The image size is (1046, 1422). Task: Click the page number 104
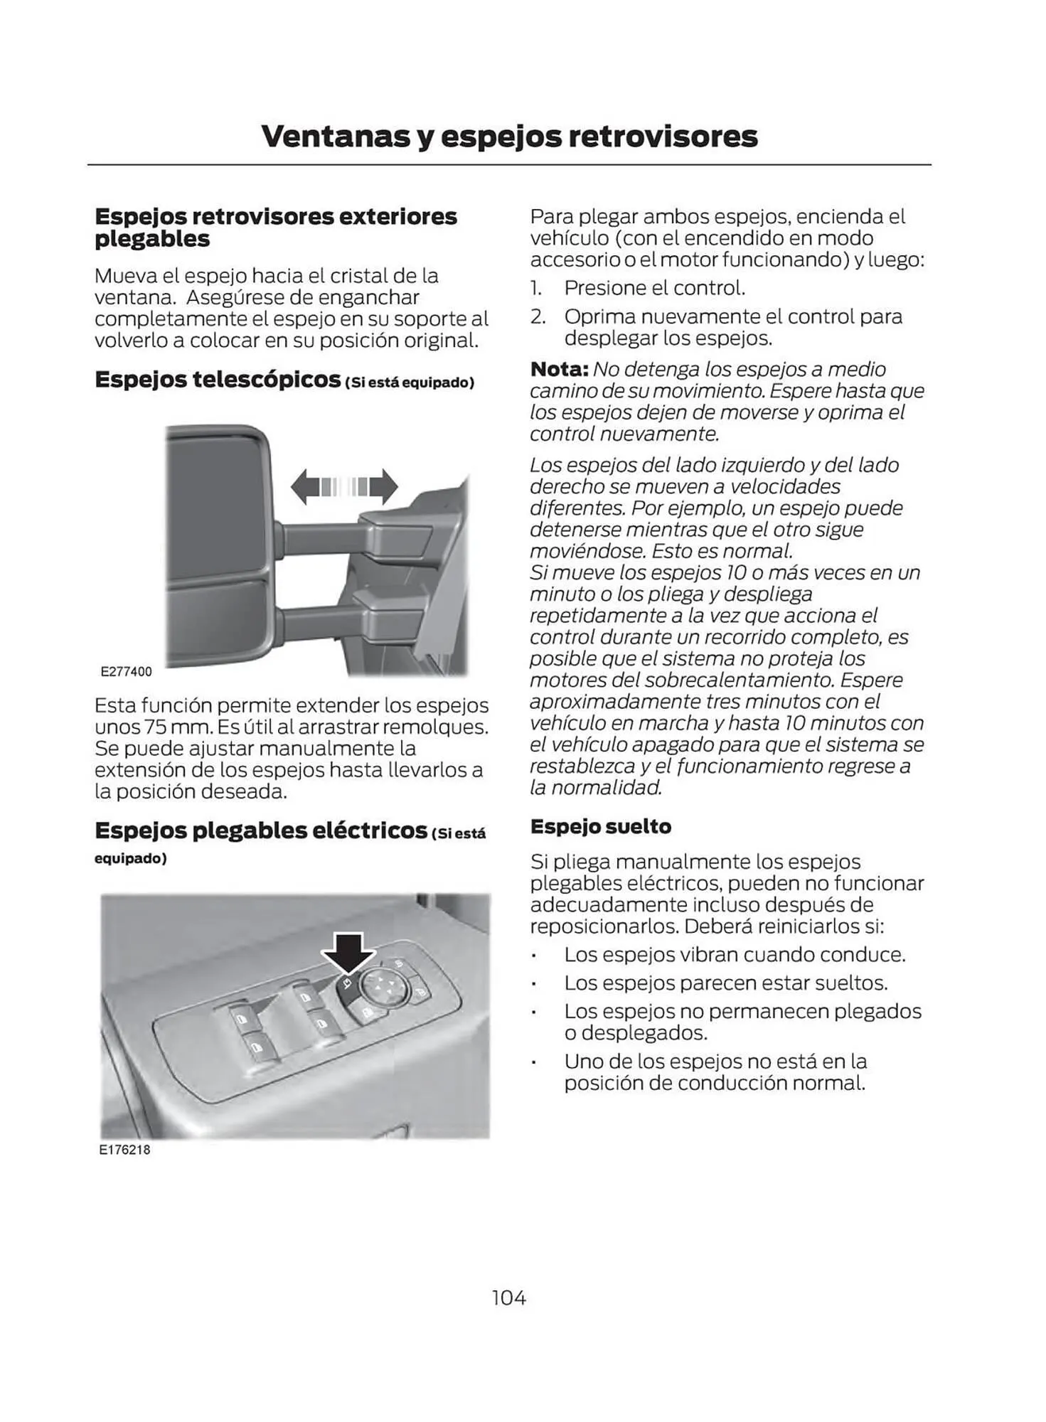tap(508, 1298)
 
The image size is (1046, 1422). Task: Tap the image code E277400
tap(127, 671)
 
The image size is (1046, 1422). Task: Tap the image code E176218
tap(125, 1150)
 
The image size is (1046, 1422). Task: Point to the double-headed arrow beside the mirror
tap(344, 486)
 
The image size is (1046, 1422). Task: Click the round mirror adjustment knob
tap(384, 986)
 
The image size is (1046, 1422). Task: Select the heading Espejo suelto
tap(601, 826)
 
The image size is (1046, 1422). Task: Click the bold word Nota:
tap(559, 369)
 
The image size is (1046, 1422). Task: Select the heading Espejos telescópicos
tap(218, 379)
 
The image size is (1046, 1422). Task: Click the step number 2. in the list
tap(538, 316)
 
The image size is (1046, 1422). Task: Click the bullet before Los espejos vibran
tap(533, 955)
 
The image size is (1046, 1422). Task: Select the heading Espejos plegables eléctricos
tap(260, 830)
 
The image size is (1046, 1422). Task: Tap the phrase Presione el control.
tap(654, 288)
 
